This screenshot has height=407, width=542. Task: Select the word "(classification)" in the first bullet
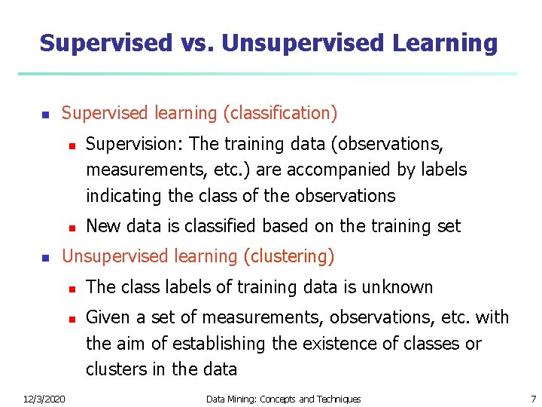point(280,113)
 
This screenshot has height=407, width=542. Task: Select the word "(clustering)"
point(288,256)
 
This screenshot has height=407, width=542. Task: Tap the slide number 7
point(532,399)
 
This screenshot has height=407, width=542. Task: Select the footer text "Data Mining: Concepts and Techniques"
point(283,399)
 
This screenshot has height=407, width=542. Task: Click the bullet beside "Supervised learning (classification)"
point(44,115)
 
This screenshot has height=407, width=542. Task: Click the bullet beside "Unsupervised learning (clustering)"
point(44,258)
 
